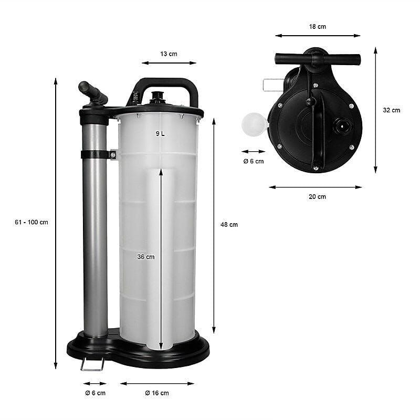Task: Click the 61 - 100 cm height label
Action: click(31, 222)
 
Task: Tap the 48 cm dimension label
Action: click(229, 225)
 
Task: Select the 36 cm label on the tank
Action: click(146, 257)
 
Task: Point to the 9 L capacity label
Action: click(160, 133)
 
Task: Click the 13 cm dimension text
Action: click(169, 54)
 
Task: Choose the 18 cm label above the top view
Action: click(318, 27)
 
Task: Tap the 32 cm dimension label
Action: click(392, 110)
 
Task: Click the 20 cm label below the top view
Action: click(318, 196)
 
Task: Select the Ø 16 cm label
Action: click(157, 393)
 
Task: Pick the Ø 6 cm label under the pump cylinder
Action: click(96, 393)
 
